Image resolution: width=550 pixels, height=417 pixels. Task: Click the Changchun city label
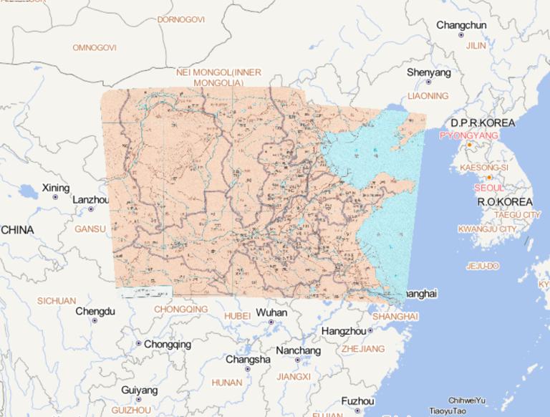click(x=461, y=25)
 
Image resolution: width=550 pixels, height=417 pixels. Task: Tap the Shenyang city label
click(x=429, y=72)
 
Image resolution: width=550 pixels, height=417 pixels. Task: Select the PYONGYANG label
click(x=468, y=135)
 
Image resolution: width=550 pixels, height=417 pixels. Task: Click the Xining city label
click(x=56, y=188)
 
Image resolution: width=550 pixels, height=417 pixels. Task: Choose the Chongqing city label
click(x=168, y=344)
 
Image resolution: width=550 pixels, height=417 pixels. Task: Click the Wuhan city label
click(x=271, y=312)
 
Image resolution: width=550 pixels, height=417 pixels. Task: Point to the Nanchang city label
click(x=298, y=350)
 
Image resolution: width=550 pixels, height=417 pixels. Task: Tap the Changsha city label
click(x=248, y=359)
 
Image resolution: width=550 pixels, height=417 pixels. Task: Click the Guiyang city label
click(x=139, y=390)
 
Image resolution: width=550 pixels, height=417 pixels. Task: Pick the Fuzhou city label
click(x=358, y=401)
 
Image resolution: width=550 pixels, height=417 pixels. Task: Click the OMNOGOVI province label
click(x=94, y=47)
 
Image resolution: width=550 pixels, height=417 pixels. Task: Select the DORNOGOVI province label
click(x=180, y=19)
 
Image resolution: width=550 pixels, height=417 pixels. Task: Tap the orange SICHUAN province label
click(x=57, y=301)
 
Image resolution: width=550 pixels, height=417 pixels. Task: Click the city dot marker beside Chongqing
click(x=139, y=344)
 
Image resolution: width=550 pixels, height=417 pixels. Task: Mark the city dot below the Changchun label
click(x=461, y=35)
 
